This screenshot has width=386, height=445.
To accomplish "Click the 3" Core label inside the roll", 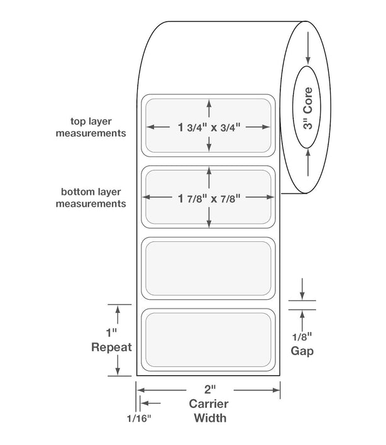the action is tap(307, 108).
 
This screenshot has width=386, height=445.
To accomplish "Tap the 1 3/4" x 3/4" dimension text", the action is tap(209, 127).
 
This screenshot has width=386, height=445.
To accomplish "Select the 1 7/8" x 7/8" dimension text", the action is tap(209, 198).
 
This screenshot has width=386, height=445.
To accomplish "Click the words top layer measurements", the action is tap(91, 127).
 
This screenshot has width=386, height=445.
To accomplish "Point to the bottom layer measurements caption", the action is tap(91, 197).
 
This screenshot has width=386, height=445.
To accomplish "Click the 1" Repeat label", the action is tap(111, 340).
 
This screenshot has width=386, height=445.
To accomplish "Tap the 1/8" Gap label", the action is tap(302, 344).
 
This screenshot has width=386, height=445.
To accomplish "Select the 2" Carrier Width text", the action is tap(209, 404).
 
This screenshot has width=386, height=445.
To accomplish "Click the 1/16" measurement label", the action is tap(139, 418).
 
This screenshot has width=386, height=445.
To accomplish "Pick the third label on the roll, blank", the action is tap(208, 268).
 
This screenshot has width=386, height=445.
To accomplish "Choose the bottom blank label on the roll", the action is tap(208, 339).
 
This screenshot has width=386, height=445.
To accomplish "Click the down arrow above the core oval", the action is tap(308, 48).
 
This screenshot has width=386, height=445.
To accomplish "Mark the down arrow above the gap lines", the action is tap(302, 289).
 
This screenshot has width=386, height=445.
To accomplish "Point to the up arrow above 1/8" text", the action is tap(302, 321).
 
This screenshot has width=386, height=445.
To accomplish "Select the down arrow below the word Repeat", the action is tap(118, 365).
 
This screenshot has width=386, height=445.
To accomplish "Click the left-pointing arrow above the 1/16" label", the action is tap(151, 403).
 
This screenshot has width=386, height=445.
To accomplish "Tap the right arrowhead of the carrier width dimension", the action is tap(277, 390).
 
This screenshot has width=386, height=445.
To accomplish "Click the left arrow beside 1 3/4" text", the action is tap(158, 127).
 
